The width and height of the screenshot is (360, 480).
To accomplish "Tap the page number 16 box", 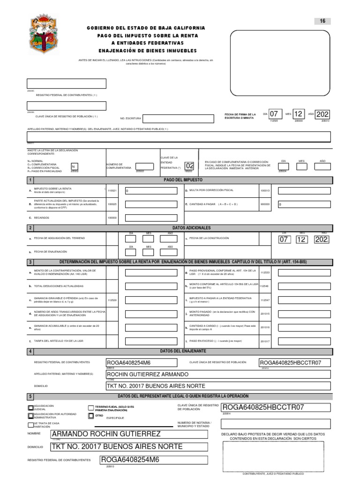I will coord(322,21).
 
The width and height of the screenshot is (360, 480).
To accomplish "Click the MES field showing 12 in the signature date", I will coord(299,114).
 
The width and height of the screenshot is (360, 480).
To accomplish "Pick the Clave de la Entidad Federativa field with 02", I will coord(189,166).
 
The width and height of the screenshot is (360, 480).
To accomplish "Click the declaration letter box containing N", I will coord(74,166).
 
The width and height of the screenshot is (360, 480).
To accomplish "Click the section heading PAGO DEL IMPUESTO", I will coord(183,180).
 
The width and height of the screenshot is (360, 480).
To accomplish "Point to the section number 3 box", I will coord(31,262).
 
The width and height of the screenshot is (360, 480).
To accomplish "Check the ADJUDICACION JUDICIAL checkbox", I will coord(31,407).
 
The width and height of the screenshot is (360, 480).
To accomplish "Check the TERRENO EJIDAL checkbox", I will coord(91,407).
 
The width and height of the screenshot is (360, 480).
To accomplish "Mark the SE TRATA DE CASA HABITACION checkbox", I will coord(31,425).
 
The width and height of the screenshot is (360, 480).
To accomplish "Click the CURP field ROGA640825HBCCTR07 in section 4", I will coord(294,363).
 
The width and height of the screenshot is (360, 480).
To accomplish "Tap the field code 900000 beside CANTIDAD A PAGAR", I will coord(265,204).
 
